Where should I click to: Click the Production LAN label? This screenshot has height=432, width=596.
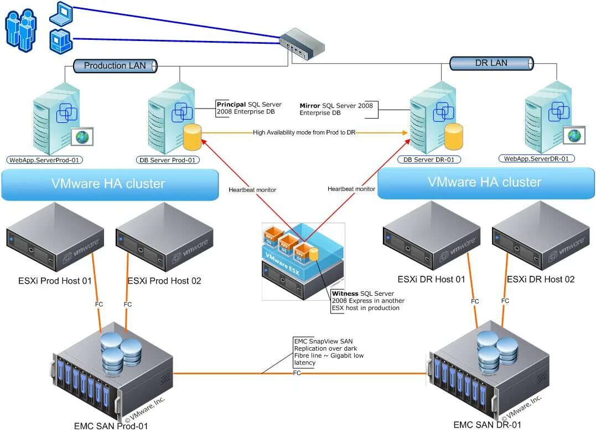tap(115, 65)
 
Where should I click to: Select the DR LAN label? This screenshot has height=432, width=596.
tap(491, 63)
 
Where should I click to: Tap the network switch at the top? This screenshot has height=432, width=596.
tap(303, 45)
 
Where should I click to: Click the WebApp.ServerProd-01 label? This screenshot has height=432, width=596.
tap(45, 160)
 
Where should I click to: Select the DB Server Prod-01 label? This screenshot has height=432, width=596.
tap(168, 160)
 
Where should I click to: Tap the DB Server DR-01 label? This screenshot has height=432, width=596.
tap(429, 160)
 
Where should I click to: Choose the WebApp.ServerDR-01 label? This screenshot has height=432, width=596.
tap(536, 158)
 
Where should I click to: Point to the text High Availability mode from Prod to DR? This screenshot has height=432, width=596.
tap(304, 132)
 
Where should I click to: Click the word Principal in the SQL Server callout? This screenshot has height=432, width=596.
tap(231, 104)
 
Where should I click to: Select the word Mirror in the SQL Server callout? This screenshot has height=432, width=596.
tap(310, 105)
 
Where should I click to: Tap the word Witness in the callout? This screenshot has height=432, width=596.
tap(345, 294)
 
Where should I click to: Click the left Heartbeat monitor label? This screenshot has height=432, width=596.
tap(252, 189)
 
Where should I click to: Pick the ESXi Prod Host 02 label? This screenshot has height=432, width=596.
tap(164, 281)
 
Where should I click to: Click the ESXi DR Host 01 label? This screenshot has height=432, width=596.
tap(431, 279)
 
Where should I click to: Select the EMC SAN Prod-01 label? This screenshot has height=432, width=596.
tap(111, 425)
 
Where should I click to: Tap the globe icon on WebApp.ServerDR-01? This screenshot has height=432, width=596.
tap(574, 135)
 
